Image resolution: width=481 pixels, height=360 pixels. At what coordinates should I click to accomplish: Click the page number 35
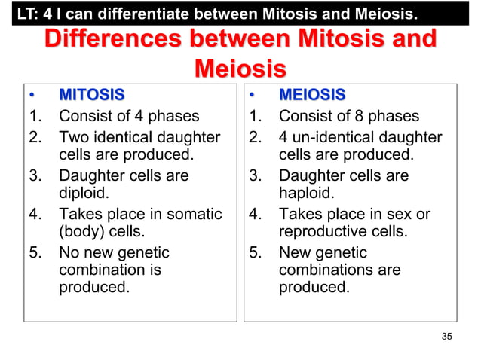pyautogui.click(x=446, y=336)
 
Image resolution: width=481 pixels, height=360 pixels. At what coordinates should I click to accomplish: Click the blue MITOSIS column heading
pyautogui.click(x=92, y=96)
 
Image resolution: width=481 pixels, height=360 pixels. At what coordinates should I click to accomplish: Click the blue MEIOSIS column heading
pyautogui.click(x=312, y=96)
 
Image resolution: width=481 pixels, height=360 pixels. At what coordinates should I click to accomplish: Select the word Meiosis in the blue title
pyautogui.click(x=240, y=70)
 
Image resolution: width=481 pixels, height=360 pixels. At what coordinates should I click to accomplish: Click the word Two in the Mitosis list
pyautogui.click(x=73, y=137)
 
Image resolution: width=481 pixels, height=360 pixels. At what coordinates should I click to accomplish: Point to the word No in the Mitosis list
pyautogui.click(x=69, y=252)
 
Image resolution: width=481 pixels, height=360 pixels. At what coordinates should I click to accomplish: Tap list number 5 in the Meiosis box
pyautogui.click(x=256, y=252)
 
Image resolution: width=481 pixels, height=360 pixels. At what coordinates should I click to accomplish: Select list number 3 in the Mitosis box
pyautogui.click(x=35, y=175)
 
